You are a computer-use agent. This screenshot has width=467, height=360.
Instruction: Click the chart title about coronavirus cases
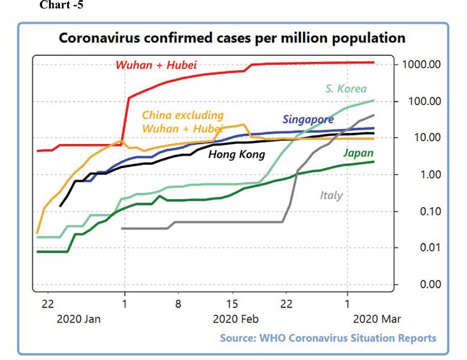(231, 38)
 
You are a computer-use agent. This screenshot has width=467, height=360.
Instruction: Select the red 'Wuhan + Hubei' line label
(156, 65)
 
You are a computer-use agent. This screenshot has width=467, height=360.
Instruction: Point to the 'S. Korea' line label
(346, 89)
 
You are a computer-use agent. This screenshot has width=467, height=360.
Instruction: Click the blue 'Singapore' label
(308, 119)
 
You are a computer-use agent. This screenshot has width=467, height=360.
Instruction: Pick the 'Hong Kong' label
(236, 155)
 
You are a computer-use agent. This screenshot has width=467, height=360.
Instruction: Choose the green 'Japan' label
(358, 152)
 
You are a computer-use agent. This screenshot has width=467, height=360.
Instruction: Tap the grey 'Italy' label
(332, 195)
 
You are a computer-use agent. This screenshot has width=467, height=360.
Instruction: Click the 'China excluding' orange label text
(183, 115)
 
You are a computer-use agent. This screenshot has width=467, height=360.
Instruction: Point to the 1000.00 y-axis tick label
(421, 64)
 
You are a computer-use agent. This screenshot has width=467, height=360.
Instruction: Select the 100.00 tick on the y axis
(424, 101)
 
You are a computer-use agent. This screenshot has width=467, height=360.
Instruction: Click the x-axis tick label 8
(178, 303)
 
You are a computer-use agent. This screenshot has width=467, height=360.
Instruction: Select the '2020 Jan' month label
(79, 319)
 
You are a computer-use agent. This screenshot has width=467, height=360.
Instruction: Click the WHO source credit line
(328, 338)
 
